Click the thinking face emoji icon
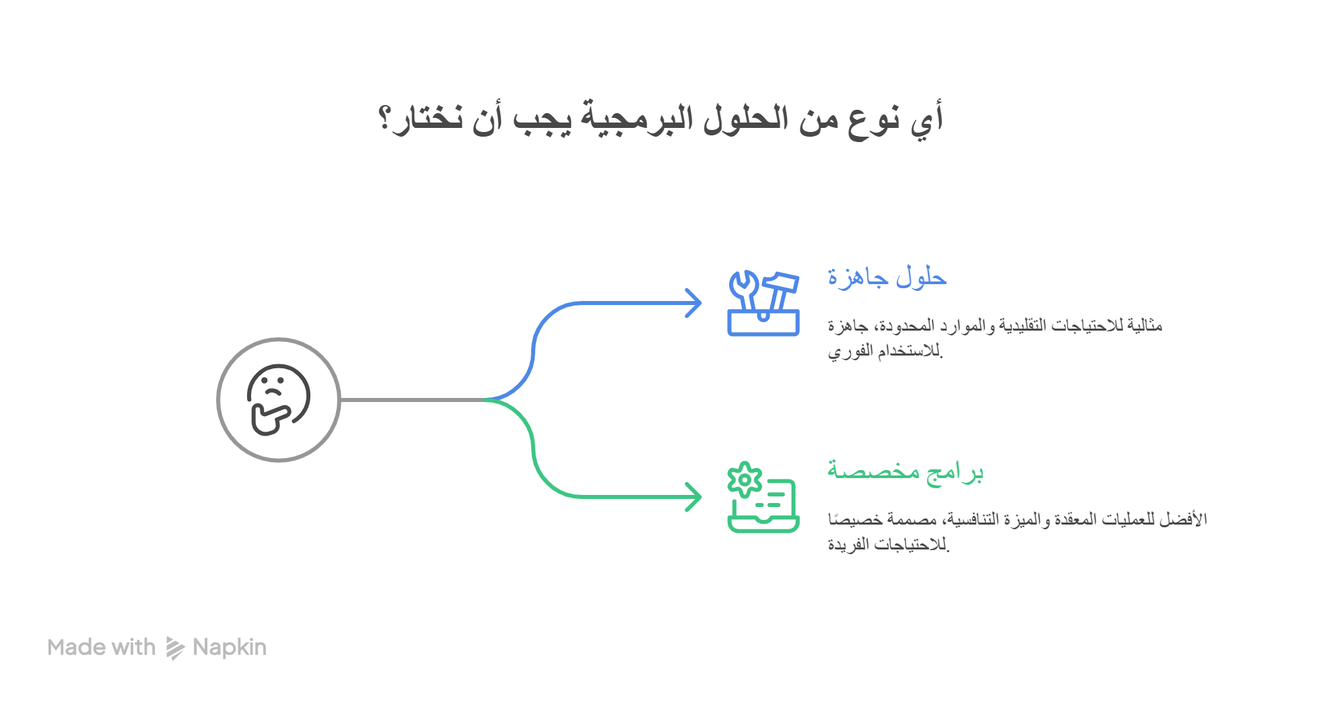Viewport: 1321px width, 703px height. point(278,399)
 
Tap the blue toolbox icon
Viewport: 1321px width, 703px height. point(763,304)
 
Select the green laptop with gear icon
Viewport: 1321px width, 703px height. point(763,498)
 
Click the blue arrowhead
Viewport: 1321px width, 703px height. point(694,303)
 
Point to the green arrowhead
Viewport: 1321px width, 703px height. point(694,497)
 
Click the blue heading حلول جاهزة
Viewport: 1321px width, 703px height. point(887,277)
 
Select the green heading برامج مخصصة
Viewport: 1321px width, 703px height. point(905,471)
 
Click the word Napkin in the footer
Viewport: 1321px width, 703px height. point(230,648)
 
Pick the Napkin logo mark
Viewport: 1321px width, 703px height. point(174,648)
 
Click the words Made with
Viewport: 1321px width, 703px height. point(102,648)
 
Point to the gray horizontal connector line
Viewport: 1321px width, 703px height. point(412,401)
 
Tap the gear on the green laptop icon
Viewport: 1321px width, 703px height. point(745,479)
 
